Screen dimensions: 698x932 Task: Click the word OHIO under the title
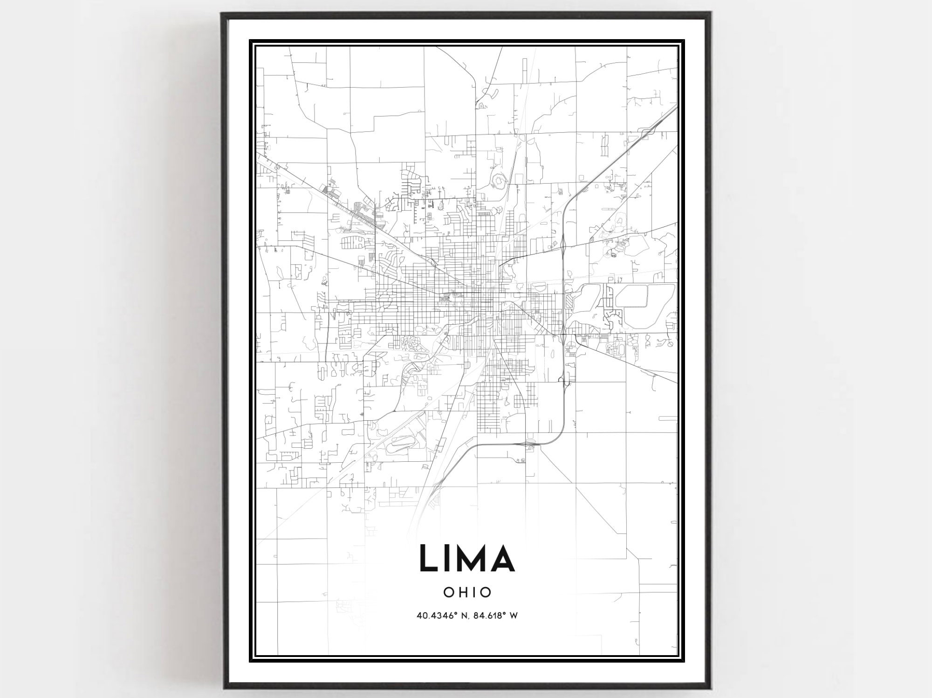tap(467, 592)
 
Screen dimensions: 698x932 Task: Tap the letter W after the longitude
tap(514, 616)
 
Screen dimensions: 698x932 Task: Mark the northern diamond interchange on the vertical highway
tap(564, 243)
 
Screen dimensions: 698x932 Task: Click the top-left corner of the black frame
tap(222, 14)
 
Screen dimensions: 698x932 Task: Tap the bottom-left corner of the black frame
tap(224, 688)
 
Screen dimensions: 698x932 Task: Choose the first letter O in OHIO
tap(448, 592)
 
